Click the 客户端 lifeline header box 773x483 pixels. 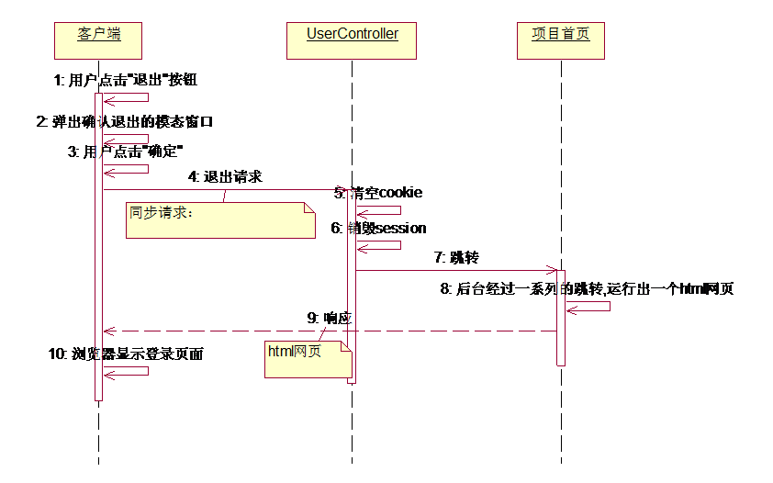98,40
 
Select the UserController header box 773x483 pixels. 353,40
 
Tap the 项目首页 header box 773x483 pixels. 560,40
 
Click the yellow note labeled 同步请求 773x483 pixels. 220,220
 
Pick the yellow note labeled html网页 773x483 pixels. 308,359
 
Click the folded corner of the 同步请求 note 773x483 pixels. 308,208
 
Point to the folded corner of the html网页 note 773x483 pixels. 347,347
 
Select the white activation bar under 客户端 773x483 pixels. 98,275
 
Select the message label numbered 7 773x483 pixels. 456,258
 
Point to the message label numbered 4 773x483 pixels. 225,175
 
